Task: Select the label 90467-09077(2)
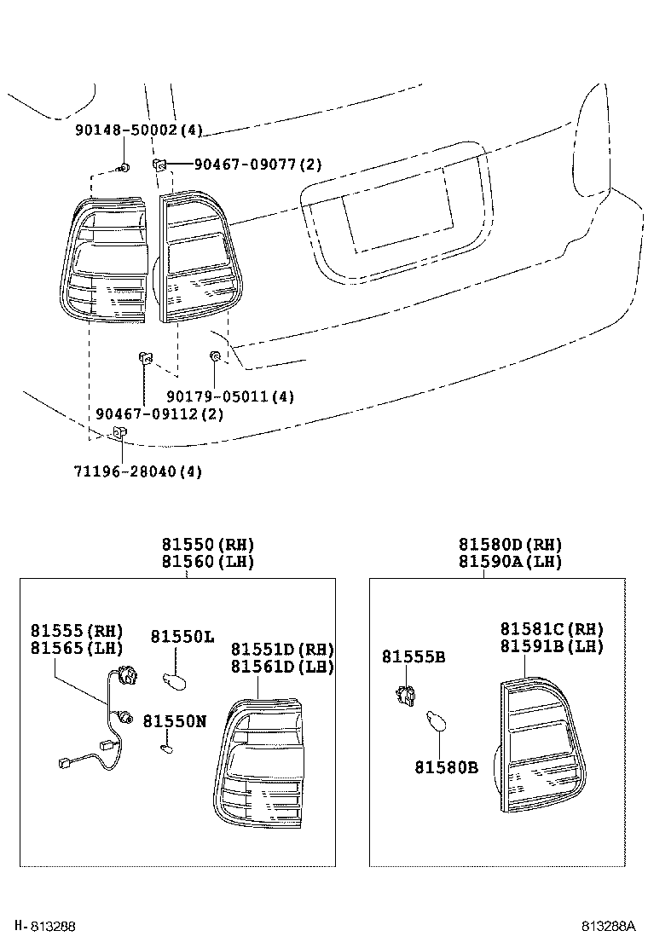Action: point(246,165)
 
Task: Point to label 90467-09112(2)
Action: point(159,413)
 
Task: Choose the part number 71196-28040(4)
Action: point(136,471)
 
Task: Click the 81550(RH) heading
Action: point(208,545)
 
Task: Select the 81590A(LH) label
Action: point(510,562)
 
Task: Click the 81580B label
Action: point(446,768)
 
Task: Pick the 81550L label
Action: point(182,637)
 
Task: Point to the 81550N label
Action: point(174,720)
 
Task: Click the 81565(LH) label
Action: point(77,648)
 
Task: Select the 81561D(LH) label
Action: point(282,666)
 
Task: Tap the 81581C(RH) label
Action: point(552,629)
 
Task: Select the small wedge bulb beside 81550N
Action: point(166,748)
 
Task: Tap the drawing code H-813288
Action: point(45,926)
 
